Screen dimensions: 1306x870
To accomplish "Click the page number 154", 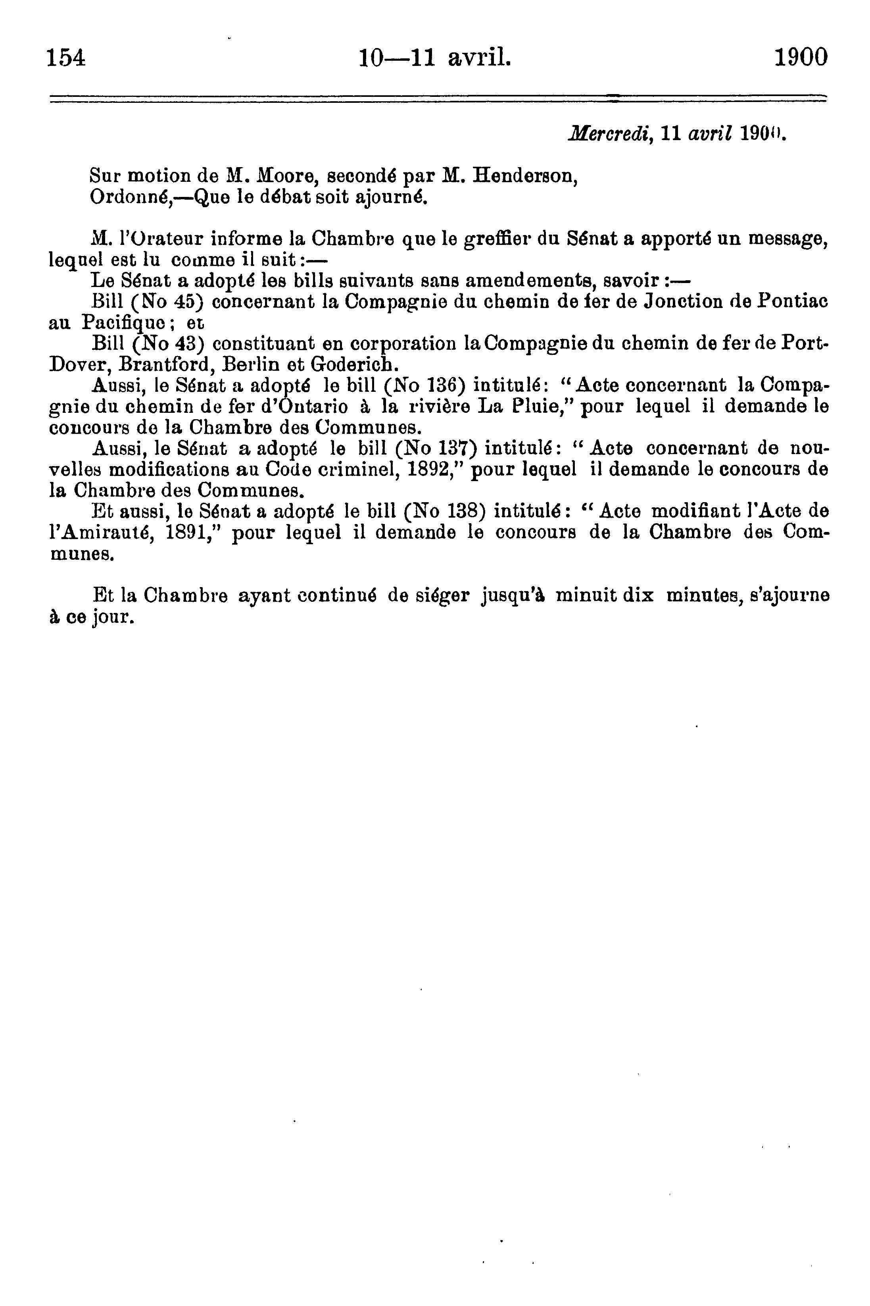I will tap(66, 58).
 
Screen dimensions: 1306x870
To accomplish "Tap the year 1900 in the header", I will tap(800, 57).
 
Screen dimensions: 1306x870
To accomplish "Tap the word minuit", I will tap(588, 595).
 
